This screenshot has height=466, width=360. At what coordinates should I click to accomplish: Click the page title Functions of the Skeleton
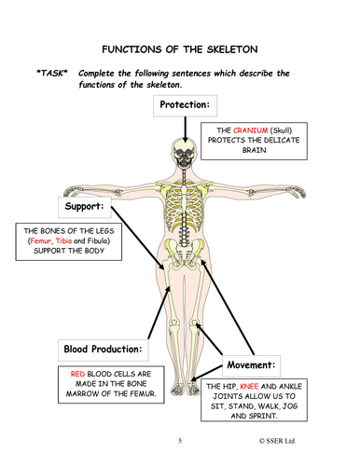(179, 48)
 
